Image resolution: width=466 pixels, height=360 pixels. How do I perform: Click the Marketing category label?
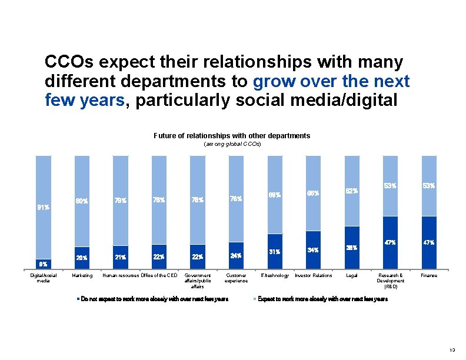tap(82, 275)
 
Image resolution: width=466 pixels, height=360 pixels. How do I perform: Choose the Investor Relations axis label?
tap(313, 275)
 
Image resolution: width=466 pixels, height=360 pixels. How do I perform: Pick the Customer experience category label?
tap(236, 278)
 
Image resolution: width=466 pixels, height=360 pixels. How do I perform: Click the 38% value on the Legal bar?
tap(351, 248)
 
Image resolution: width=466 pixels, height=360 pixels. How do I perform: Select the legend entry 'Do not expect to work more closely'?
tap(152, 299)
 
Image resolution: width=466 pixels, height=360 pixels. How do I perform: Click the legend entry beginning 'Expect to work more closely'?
tap(322, 299)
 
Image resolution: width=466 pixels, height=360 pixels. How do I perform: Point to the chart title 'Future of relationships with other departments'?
tap(232, 136)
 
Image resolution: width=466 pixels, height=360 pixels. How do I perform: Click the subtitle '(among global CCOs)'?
tap(232, 144)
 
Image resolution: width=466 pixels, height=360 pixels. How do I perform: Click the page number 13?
tap(452, 350)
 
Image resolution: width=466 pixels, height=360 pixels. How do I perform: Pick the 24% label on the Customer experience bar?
tap(236, 256)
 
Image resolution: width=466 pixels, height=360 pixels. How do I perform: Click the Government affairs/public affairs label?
tap(197, 281)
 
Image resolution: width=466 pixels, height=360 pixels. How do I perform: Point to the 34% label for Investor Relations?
tap(313, 250)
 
